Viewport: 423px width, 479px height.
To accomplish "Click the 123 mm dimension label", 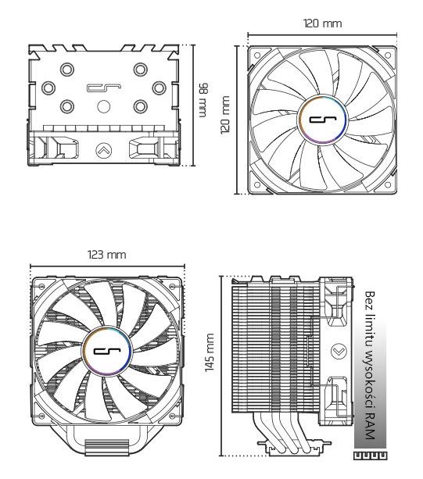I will (107, 255).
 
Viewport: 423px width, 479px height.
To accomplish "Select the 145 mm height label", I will (210, 366).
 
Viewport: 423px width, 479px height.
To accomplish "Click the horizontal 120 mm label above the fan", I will (322, 23).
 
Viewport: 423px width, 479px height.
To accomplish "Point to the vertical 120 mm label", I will (225, 115).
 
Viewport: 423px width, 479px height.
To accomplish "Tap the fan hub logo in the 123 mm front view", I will (107, 353).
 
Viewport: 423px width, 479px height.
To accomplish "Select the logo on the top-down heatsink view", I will (102, 91).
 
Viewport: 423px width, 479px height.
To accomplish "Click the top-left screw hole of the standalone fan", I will (256, 55).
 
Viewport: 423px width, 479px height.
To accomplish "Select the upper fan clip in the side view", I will (337, 306).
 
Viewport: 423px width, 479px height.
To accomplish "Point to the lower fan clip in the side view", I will (337, 394).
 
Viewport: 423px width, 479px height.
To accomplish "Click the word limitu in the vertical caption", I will (370, 331).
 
